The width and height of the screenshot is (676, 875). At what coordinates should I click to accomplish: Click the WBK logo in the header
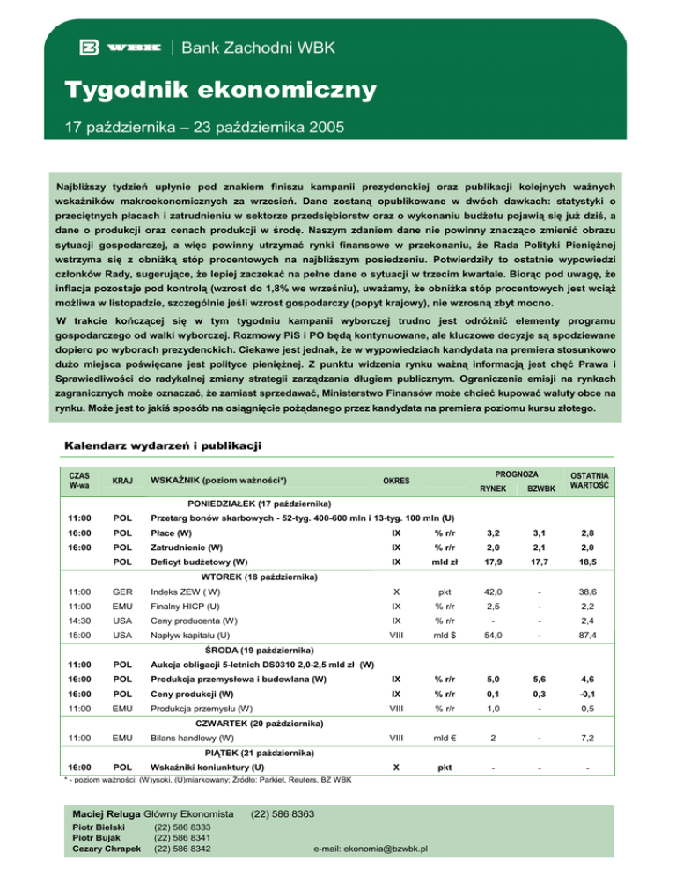point(119,46)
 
